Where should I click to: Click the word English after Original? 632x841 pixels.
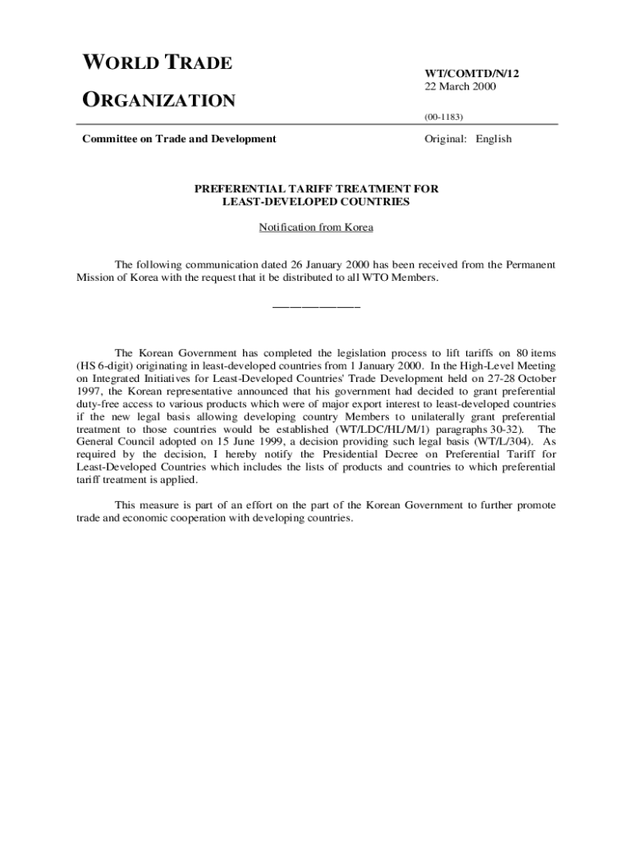(x=491, y=139)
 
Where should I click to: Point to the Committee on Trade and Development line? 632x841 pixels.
(x=179, y=139)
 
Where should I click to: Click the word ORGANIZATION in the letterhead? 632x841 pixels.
(x=158, y=101)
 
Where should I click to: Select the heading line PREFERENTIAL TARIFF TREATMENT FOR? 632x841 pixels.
(x=316, y=189)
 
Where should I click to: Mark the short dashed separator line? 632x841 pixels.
(x=316, y=307)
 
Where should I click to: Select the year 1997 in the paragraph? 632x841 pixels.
(x=89, y=392)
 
